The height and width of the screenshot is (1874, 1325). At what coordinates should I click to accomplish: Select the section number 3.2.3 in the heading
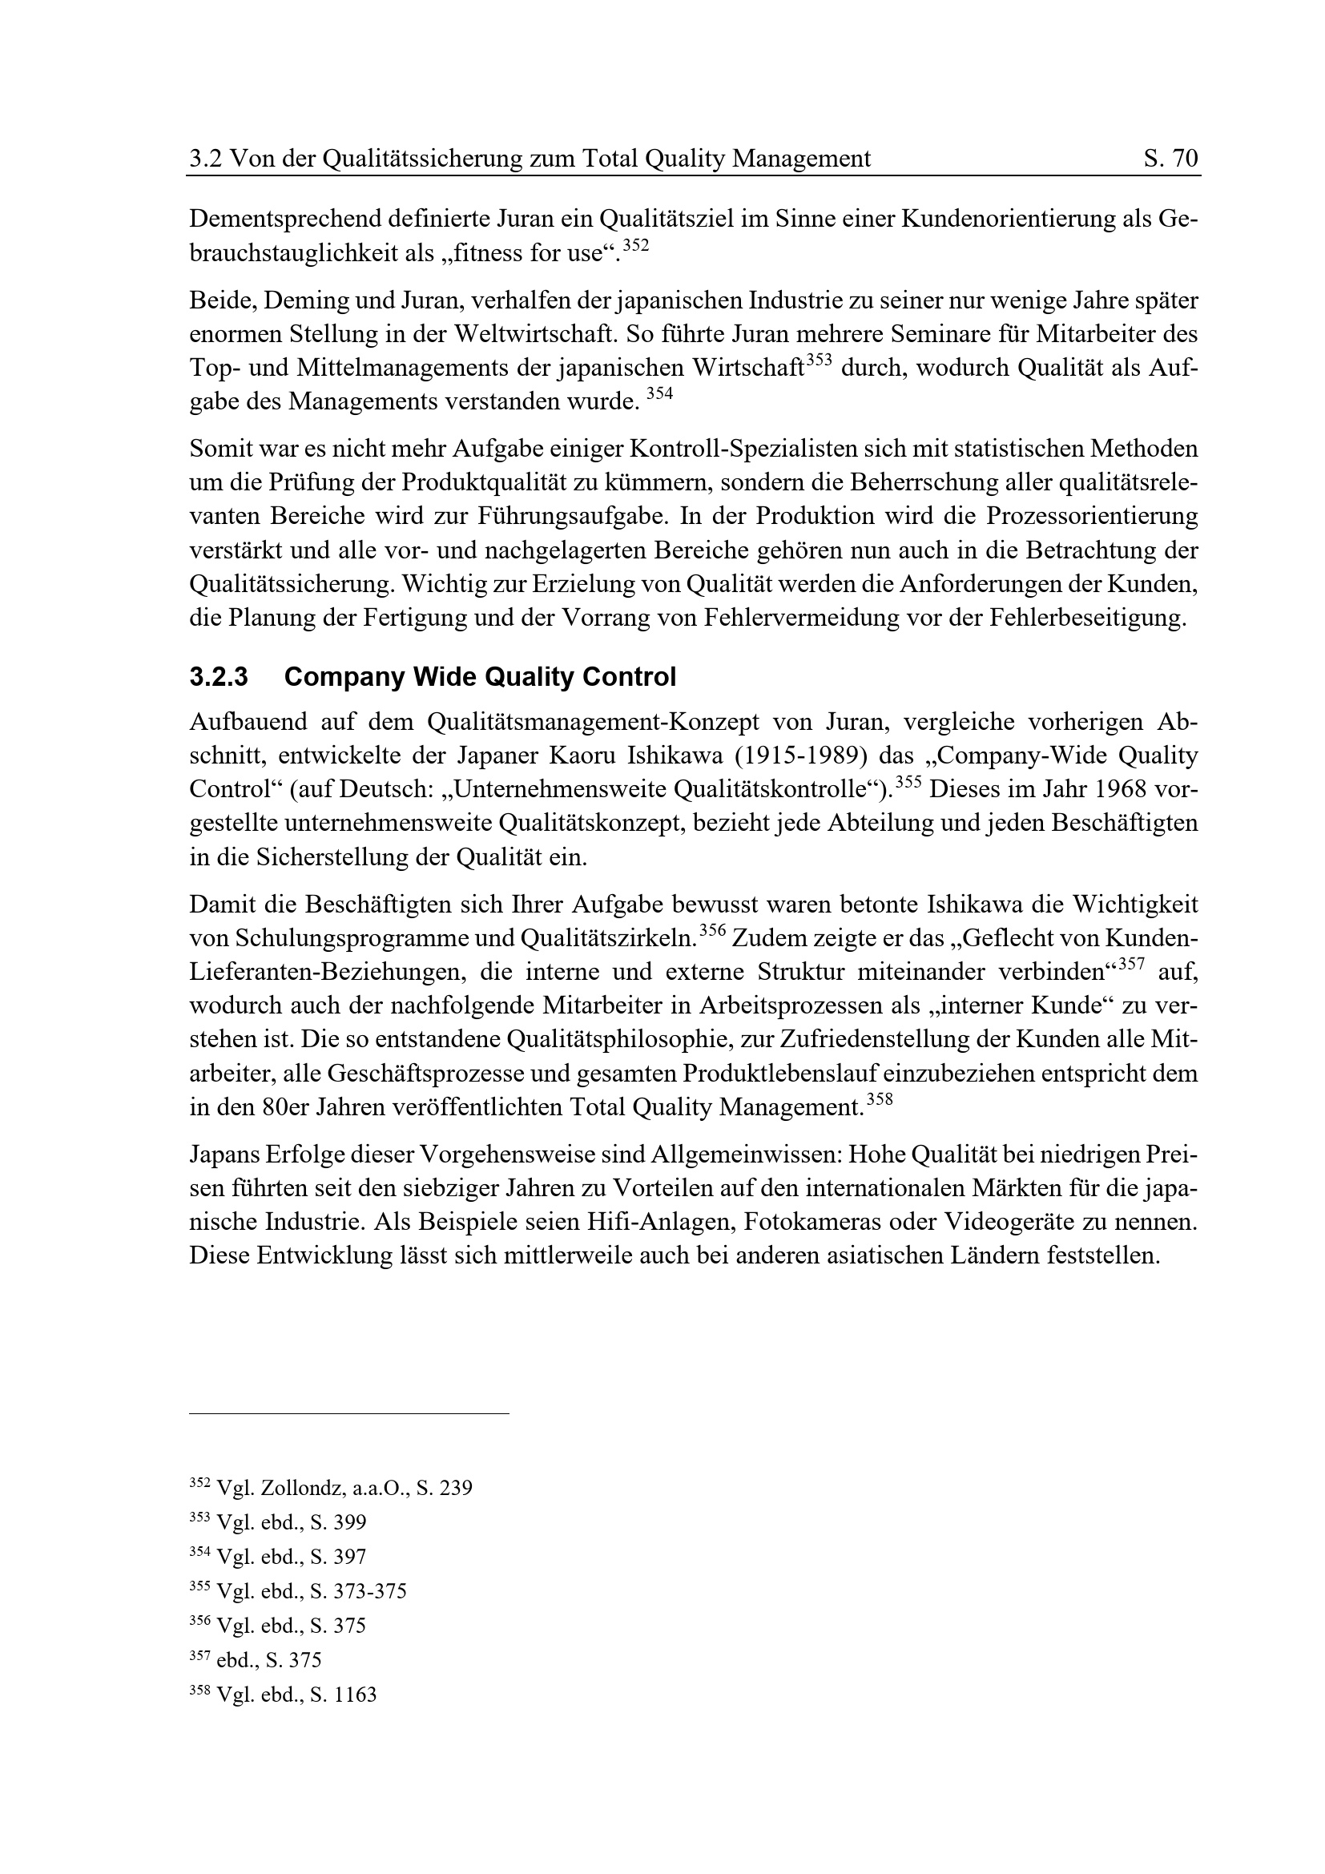tap(219, 678)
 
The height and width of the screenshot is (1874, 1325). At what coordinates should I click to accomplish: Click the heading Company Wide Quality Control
tap(481, 678)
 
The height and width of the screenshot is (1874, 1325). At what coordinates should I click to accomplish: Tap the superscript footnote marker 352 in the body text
tap(636, 246)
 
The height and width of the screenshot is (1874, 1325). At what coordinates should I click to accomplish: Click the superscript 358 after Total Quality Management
tap(880, 1099)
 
